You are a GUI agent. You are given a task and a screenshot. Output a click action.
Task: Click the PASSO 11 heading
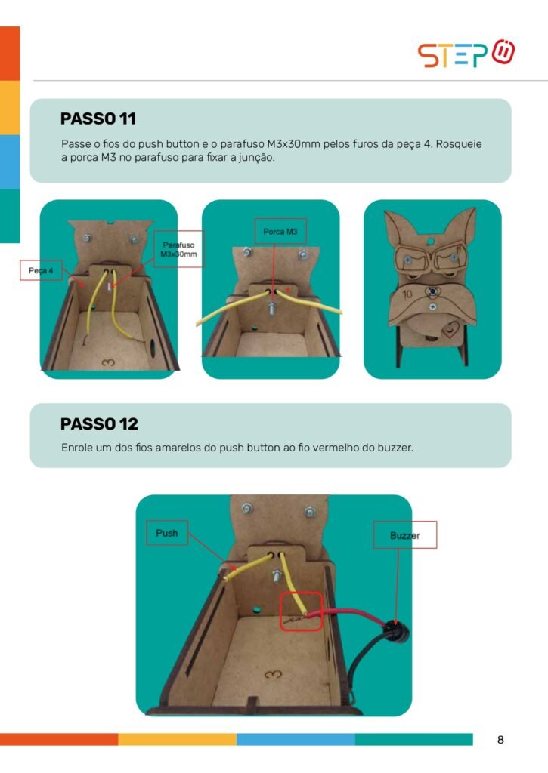point(98,119)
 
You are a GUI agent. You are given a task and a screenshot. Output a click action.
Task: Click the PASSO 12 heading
point(99,423)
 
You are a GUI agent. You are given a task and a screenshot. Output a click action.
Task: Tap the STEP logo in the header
point(466,54)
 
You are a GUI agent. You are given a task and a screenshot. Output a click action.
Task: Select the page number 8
point(500,740)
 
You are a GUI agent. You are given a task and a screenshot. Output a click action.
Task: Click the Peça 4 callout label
point(41,270)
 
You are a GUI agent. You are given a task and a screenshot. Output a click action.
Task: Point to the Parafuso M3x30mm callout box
point(178,249)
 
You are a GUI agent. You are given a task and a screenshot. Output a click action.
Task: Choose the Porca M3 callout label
point(280,231)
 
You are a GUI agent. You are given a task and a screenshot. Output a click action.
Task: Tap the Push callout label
point(167,533)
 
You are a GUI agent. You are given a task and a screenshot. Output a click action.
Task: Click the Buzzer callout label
point(405,535)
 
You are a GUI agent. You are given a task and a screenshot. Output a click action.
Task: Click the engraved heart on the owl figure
point(450,328)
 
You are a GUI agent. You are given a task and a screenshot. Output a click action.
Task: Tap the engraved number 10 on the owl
point(407,294)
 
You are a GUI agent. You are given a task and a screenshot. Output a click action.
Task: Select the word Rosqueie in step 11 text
point(459,144)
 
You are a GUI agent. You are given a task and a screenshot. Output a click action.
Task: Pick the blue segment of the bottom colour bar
point(296,739)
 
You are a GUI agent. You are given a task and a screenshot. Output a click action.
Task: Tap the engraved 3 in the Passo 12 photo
point(273,673)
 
